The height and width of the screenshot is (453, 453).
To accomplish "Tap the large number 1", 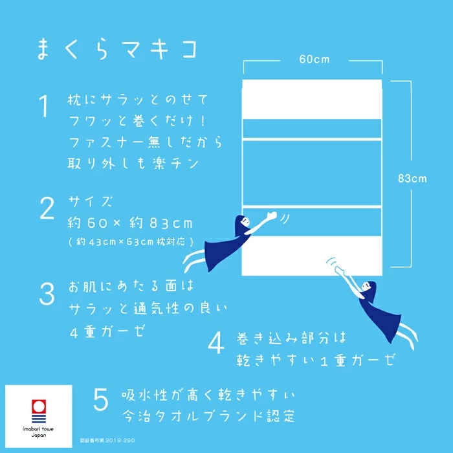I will point(44,107).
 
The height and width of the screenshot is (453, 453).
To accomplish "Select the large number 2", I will point(47,209).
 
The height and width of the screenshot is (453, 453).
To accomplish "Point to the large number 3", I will point(47,294).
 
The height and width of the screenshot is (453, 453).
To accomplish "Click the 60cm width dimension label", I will point(314,60).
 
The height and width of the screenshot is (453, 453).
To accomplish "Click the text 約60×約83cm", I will point(130,223).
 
